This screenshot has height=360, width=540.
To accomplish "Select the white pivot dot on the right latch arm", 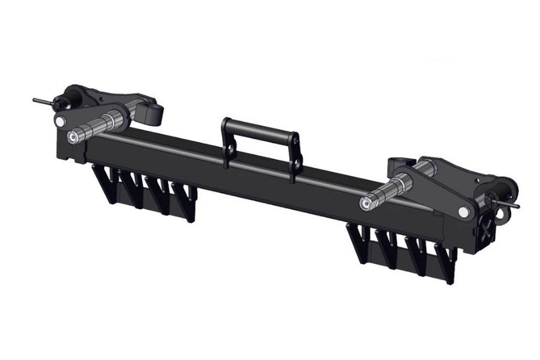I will (464, 211).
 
